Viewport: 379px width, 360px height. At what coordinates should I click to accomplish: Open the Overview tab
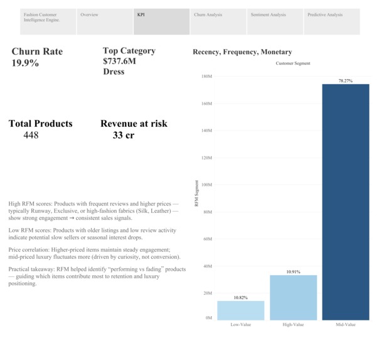pos(104,21)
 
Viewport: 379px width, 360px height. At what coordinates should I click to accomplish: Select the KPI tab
pos(162,21)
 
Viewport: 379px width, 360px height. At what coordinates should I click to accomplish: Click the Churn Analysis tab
pos(217,21)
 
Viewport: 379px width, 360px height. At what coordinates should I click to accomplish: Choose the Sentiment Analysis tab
pos(274,21)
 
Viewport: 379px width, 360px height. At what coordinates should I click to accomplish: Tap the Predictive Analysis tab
pos(331,21)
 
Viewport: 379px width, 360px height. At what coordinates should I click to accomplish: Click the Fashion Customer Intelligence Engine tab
pos(48,21)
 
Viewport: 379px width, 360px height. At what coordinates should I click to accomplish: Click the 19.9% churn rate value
pos(26,63)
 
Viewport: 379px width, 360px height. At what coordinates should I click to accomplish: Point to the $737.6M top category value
pos(119,62)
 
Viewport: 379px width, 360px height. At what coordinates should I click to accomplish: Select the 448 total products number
pos(31,135)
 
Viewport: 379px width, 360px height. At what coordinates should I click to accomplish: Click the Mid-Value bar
pos(346,201)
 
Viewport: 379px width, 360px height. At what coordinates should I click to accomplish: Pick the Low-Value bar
pos(240,310)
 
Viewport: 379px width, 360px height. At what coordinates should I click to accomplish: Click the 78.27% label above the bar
pos(346,80)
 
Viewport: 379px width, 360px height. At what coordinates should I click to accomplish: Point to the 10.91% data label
pos(293,271)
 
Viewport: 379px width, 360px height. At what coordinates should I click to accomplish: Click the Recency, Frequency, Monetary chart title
pos(242,52)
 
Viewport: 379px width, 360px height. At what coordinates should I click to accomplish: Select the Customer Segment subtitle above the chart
pos(293,63)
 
